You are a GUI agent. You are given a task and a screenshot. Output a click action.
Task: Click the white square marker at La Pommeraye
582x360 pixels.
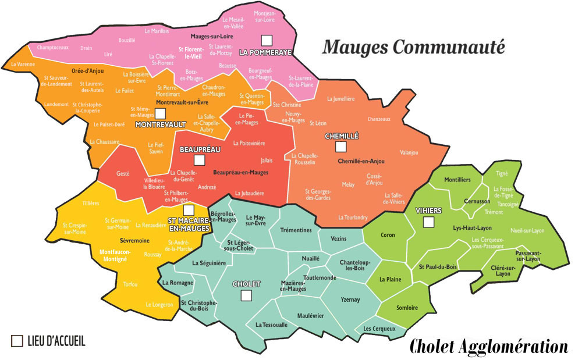tap(267, 40)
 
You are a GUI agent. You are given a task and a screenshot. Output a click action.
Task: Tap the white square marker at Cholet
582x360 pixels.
tap(246, 295)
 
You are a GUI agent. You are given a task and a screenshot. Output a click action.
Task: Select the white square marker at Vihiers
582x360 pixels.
tap(428, 222)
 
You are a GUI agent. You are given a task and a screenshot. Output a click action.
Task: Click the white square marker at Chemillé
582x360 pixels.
tap(341, 147)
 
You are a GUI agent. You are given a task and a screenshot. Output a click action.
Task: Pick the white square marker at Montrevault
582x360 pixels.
tap(161, 113)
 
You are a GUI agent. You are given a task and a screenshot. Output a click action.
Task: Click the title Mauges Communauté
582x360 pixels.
tap(414, 47)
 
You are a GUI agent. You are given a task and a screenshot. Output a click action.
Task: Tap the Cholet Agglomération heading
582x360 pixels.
tap(488, 347)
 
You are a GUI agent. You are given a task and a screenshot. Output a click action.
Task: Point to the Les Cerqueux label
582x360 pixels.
tap(379, 329)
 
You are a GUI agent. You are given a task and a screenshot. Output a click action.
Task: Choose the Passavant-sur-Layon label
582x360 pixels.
tap(528, 256)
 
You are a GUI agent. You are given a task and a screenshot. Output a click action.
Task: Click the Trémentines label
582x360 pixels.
tap(296, 230)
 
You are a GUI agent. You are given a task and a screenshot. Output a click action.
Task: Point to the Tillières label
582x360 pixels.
tap(91, 203)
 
